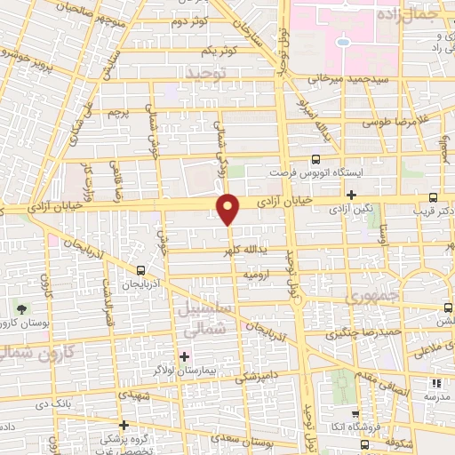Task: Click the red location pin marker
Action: click(229, 208)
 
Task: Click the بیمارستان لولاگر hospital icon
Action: click(184, 357)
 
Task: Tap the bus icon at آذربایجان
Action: click(140, 269)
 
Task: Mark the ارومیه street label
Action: click(256, 275)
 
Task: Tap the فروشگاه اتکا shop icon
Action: click(355, 414)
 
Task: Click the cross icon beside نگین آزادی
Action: click(352, 195)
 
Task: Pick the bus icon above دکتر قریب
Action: click(433, 197)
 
